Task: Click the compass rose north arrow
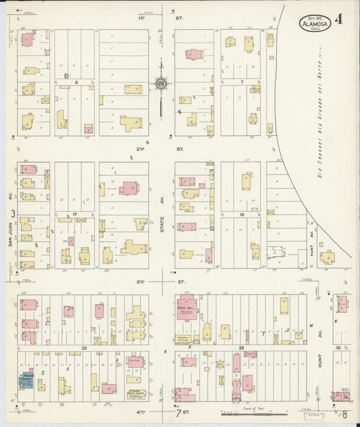(x=161, y=84)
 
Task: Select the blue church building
(x=26, y=381)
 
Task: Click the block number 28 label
(x=85, y=348)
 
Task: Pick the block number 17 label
(x=76, y=214)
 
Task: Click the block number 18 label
(x=241, y=214)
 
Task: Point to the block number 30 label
(x=338, y=348)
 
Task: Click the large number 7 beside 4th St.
(x=178, y=412)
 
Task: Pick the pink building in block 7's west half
(x=194, y=54)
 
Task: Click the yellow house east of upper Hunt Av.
(x=328, y=257)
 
